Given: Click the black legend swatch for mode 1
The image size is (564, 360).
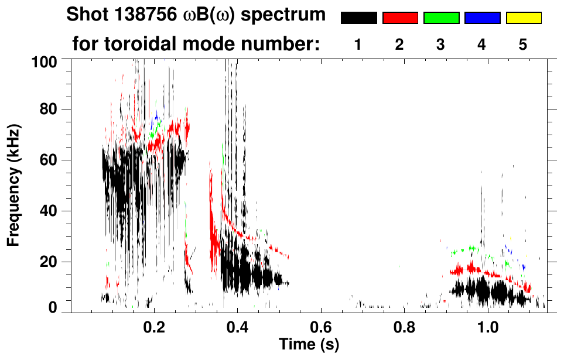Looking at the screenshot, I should pyautogui.click(x=358, y=18).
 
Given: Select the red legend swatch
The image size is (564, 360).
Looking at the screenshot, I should pyautogui.click(x=400, y=18).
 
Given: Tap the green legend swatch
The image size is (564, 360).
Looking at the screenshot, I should pyautogui.click(x=441, y=18).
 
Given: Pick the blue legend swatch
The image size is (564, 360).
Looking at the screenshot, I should pyautogui.click(x=482, y=18).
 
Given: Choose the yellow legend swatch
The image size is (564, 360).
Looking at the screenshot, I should pyautogui.click(x=523, y=18).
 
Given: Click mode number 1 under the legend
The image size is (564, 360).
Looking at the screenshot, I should pyautogui.click(x=358, y=46).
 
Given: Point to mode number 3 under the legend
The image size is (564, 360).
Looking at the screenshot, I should pyautogui.click(x=441, y=46).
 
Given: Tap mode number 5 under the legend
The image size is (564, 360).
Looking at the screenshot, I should pyautogui.click(x=523, y=46).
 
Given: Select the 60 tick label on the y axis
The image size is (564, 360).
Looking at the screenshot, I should pyautogui.click(x=48, y=160).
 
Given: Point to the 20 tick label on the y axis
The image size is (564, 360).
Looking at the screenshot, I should pyautogui.click(x=48, y=262).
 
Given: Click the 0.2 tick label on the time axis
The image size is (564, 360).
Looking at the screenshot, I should pyautogui.click(x=154, y=327).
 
